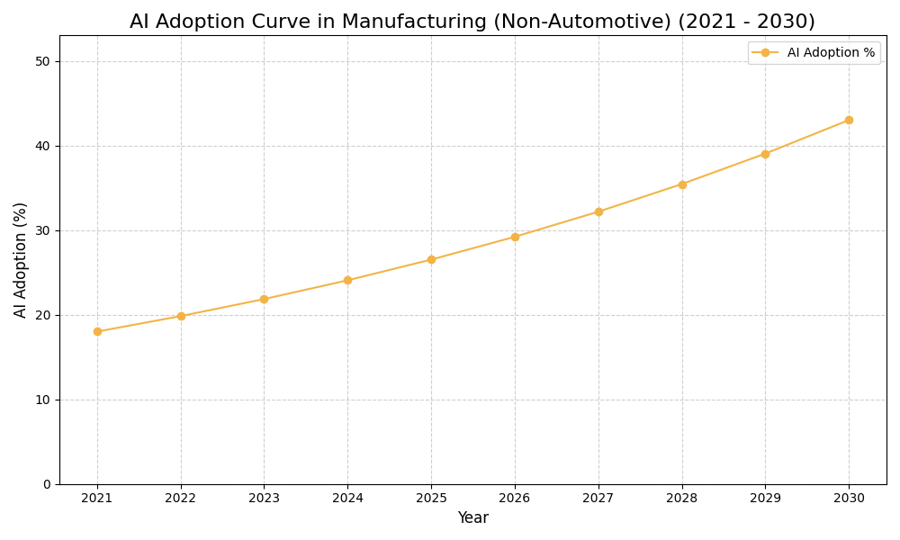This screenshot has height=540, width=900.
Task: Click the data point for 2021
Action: [x=97, y=331]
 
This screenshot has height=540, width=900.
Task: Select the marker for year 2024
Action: [x=347, y=280]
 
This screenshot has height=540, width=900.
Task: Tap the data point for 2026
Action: [x=515, y=237]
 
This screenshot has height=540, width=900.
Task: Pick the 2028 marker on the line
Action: [x=682, y=184]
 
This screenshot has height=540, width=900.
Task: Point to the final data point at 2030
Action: [x=849, y=120]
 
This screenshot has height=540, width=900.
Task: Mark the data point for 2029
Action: [x=765, y=154]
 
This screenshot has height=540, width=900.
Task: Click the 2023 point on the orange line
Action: [x=264, y=299]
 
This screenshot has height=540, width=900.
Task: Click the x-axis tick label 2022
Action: [x=181, y=499]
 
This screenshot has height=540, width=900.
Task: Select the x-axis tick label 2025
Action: [x=431, y=499]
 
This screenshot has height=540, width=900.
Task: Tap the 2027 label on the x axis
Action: [x=598, y=499]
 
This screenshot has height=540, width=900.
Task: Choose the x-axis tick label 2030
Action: [x=849, y=499]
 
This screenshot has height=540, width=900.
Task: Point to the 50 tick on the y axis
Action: [x=42, y=61]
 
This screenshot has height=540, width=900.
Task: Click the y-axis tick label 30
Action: [x=42, y=230]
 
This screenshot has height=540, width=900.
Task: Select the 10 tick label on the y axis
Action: [x=42, y=400]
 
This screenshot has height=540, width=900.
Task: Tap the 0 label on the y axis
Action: [x=46, y=484]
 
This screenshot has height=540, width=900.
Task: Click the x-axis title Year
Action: [x=472, y=518]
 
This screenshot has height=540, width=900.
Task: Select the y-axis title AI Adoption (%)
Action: [x=21, y=259]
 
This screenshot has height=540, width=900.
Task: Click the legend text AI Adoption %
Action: [x=831, y=53]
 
